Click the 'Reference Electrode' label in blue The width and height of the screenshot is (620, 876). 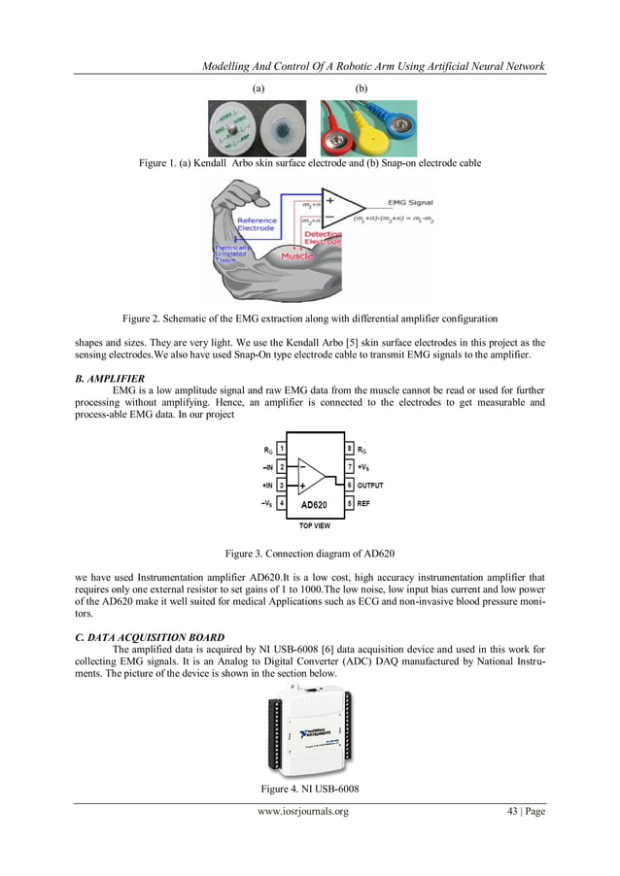(258, 224)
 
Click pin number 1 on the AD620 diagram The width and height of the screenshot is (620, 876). (282, 449)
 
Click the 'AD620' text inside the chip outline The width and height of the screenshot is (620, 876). (314, 505)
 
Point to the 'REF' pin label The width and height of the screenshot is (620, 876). (363, 503)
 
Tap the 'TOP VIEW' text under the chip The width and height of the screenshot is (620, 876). (314, 525)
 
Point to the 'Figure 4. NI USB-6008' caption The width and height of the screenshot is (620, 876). (310, 788)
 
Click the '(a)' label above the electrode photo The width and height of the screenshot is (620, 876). (258, 87)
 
